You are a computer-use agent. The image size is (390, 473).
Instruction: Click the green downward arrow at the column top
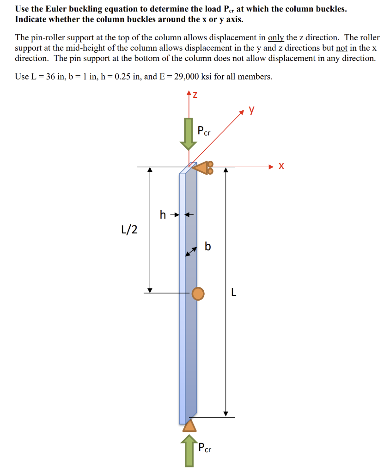[188, 133]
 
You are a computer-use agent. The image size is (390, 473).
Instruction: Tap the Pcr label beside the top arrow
[204, 131]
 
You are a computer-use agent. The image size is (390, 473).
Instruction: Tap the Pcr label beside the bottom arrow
[205, 447]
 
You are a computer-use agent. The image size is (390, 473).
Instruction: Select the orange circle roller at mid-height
[198, 293]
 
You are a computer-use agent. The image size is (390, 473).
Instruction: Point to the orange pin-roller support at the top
[203, 168]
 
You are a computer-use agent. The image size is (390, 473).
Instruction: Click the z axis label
[195, 95]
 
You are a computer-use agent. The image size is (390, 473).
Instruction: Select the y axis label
[252, 109]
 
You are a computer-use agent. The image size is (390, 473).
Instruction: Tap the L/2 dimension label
[129, 230]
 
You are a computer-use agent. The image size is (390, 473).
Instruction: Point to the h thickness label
[163, 214]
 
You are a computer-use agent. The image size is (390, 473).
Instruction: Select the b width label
[207, 247]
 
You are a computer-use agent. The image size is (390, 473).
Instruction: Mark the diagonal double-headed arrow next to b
[191, 252]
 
